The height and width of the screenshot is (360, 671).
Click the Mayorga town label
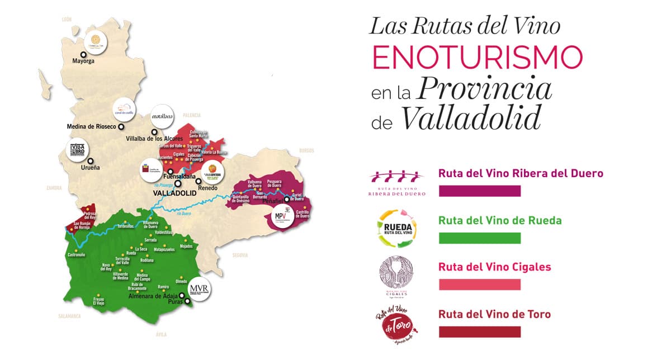(x=83, y=62)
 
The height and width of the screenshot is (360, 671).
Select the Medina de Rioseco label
(x=91, y=126)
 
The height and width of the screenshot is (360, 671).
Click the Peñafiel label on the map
(x=271, y=200)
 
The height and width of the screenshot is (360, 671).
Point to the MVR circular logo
(x=199, y=289)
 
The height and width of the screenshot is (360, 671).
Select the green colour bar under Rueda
(x=480, y=238)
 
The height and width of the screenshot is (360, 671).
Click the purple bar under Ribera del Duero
(x=480, y=191)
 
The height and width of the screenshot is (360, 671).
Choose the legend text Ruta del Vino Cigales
(x=495, y=267)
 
